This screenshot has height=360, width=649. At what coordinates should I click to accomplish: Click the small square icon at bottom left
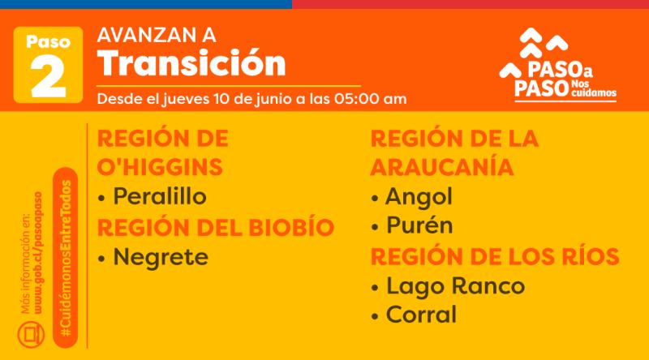[31, 332]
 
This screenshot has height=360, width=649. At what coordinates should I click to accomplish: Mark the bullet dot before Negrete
[101, 259]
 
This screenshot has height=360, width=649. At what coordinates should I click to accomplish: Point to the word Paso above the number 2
[47, 41]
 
